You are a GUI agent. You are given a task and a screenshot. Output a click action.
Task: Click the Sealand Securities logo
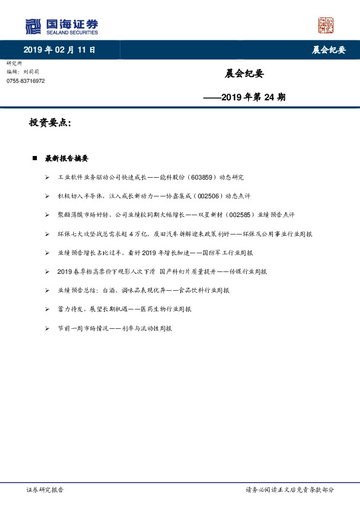61,26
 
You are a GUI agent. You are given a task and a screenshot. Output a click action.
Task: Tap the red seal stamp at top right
326,25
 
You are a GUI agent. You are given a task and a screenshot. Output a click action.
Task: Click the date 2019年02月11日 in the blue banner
59,50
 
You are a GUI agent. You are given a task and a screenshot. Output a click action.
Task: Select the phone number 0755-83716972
25,80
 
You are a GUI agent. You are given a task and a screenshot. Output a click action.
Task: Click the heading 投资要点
50,123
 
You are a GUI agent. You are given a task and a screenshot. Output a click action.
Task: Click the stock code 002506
209,196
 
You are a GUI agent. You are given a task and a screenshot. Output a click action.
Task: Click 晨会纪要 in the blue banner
329,50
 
